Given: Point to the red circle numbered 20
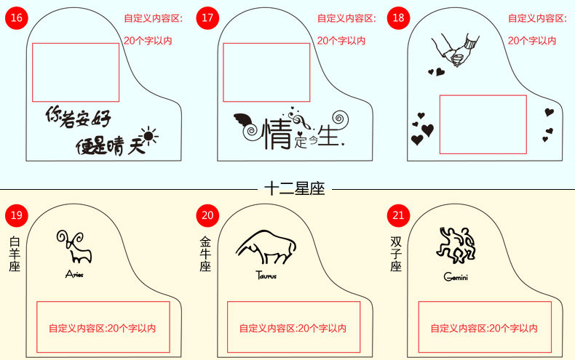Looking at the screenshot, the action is pyautogui.click(x=207, y=215).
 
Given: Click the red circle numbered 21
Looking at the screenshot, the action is pyautogui.click(x=398, y=215).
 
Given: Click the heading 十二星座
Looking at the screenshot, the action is pyautogui.click(x=294, y=189).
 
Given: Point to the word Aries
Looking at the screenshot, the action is pyautogui.click(x=74, y=274).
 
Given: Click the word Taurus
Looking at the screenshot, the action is pyautogui.click(x=266, y=276).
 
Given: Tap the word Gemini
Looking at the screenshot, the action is pyautogui.click(x=456, y=276).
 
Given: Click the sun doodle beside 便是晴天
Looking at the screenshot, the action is pyautogui.click(x=149, y=135).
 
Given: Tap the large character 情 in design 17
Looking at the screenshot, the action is pyautogui.click(x=277, y=133).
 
